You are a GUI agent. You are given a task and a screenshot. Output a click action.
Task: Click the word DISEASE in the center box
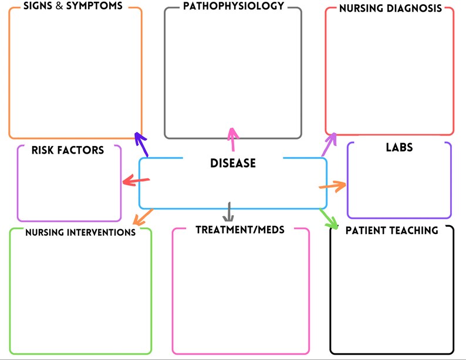pos(233,163)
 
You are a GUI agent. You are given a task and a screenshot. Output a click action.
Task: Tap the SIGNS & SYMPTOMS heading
pos(73,6)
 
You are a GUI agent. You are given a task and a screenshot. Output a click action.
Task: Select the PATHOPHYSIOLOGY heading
pos(233,6)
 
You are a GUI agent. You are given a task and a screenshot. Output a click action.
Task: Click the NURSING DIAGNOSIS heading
pos(390,9)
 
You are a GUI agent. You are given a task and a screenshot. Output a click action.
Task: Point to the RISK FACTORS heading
pos(68,150)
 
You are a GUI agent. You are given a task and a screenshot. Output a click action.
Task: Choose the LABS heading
pos(399,147)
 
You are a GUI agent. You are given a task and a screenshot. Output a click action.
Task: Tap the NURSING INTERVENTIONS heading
pos(80,232)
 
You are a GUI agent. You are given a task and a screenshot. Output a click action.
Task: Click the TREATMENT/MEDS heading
pos(240,229)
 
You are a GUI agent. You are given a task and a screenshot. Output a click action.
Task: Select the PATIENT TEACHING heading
pos(391,230)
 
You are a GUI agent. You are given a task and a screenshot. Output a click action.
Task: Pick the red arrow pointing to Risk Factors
pos(136,181)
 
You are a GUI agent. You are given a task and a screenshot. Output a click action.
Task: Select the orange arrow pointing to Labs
pos(332,186)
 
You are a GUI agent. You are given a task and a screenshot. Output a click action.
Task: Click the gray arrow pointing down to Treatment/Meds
pos(229,210)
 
